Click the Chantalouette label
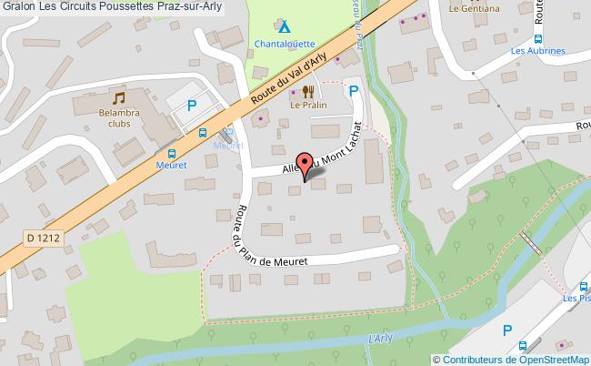(285, 44)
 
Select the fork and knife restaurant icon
(308, 91)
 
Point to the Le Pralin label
(308, 106)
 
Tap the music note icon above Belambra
(118, 97)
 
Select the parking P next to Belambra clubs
(192, 106)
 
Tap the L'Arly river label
(381, 339)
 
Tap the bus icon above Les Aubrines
(536, 38)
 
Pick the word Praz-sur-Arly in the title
(185, 8)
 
